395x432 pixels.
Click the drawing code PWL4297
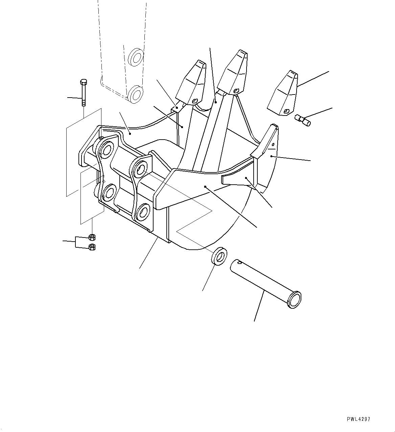point(358,419)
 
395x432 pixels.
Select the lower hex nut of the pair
point(91,247)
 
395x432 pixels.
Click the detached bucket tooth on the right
point(282,93)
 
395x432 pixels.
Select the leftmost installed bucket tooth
point(191,83)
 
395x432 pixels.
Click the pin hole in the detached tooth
point(286,111)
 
